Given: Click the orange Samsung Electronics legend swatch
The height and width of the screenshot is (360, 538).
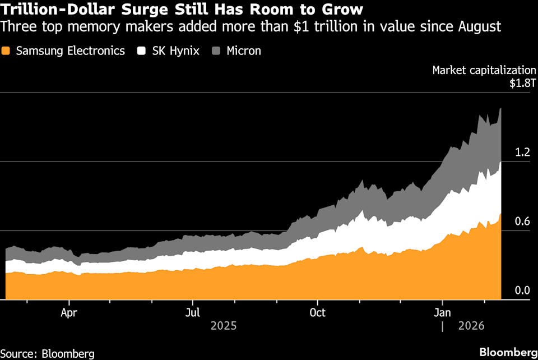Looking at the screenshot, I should [7, 51].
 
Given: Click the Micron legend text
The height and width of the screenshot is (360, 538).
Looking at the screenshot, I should [244, 51].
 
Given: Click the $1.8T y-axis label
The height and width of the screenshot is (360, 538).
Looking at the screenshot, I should [522, 83].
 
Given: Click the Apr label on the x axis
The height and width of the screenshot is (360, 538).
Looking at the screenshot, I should [69, 312].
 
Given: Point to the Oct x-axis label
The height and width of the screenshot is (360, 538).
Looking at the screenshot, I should [318, 312].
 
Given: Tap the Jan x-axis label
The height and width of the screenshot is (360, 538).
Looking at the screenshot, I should [443, 312].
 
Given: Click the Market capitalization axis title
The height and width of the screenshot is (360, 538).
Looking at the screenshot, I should [484, 71].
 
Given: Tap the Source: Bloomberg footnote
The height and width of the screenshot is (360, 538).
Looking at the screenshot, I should [47, 353].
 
